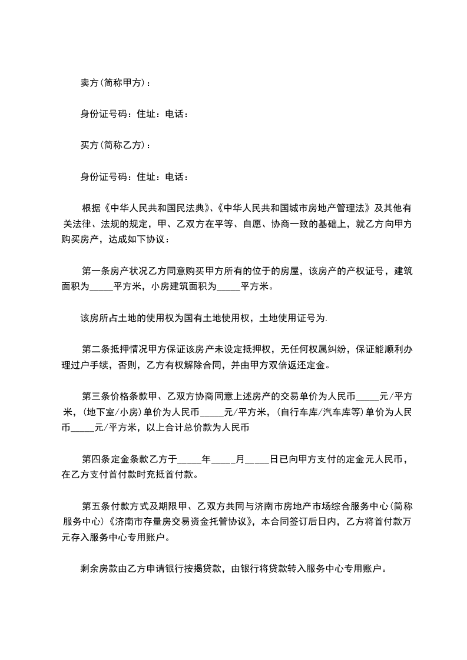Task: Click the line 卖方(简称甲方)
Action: tap(115, 83)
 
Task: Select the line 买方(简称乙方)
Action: tap(115, 145)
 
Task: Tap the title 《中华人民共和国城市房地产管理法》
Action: tap(294, 208)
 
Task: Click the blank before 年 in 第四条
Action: tap(189, 459)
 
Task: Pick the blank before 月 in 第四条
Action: tap(223, 459)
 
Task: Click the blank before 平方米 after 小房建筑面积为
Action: tap(229, 287)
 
